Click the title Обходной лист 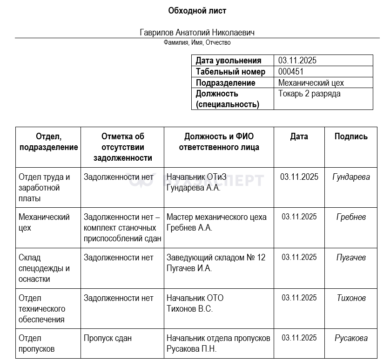(x=197, y=10)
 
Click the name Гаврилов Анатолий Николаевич (x=197, y=33)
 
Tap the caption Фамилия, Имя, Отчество (x=197, y=42)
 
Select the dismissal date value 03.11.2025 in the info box (x=297, y=61)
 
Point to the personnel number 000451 (x=291, y=72)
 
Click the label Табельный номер (x=230, y=72)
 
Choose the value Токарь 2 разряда (x=309, y=94)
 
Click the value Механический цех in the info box (x=311, y=83)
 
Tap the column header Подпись (x=351, y=136)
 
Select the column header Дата (x=299, y=136)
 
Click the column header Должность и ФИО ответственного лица (x=219, y=142)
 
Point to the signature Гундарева (x=351, y=177)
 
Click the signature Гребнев (x=351, y=217)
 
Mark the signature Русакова (x=351, y=338)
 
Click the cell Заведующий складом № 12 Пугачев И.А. (x=215, y=263)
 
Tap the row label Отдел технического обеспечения (x=42, y=308)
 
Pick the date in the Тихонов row (x=299, y=298)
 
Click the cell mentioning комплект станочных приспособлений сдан (x=122, y=228)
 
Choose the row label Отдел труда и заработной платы (x=44, y=188)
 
